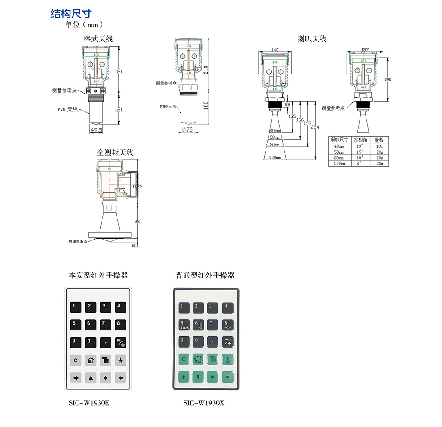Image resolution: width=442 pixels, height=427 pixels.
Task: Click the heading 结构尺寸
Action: tap(71, 14)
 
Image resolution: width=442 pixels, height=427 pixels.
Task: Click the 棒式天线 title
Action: tap(98, 39)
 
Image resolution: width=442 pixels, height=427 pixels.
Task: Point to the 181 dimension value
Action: tap(119, 71)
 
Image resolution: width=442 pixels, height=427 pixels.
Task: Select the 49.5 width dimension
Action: tap(96, 129)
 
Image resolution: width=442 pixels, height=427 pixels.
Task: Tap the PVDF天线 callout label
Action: tap(67, 110)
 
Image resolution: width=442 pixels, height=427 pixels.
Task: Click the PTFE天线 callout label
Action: tap(168, 106)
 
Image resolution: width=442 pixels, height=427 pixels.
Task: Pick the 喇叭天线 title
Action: tap(312, 39)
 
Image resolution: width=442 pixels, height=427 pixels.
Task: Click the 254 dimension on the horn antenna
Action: tap(315, 127)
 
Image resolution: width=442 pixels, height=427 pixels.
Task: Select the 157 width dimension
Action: tap(365, 50)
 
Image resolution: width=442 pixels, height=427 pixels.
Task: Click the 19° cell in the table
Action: tap(360, 146)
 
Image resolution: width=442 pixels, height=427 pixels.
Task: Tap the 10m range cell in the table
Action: tap(379, 146)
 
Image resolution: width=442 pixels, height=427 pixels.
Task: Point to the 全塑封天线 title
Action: tap(115, 152)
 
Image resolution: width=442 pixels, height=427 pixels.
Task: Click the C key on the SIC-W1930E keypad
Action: tap(76, 360)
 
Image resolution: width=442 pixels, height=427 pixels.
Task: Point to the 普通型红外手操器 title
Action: tap(205, 275)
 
